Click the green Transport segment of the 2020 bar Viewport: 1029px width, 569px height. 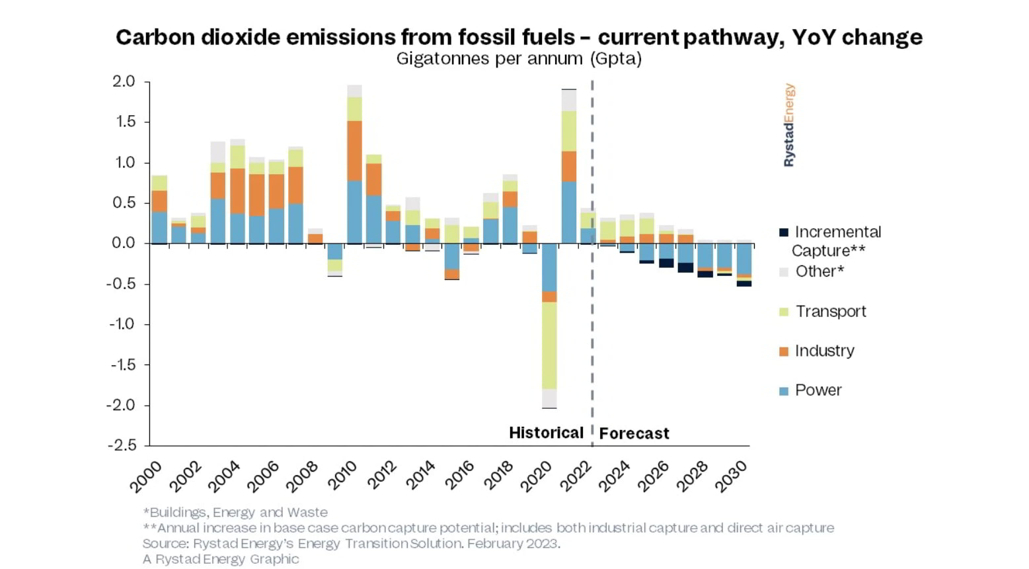pyautogui.click(x=549, y=345)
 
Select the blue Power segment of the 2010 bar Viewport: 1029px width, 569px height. pyautogui.click(x=355, y=212)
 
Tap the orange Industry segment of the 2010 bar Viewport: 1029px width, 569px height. pyautogui.click(x=355, y=150)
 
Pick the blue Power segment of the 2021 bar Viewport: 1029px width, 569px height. pyautogui.click(x=568, y=212)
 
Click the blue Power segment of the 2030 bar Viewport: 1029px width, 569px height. pyautogui.click(x=744, y=259)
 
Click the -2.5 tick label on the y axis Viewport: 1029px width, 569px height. pyautogui.click(x=122, y=445)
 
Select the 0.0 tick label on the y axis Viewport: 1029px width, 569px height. pyautogui.click(x=124, y=243)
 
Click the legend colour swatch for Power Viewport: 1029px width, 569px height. pyautogui.click(x=784, y=391)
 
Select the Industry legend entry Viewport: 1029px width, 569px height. pyautogui.click(x=824, y=351)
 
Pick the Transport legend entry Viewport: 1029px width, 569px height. pyautogui.click(x=830, y=312)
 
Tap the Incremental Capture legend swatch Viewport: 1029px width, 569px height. pyautogui.click(x=784, y=232)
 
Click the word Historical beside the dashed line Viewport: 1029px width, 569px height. pyautogui.click(x=546, y=433)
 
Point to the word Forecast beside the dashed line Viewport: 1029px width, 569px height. pyautogui.click(x=634, y=433)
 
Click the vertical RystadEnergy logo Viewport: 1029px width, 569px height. pyautogui.click(x=789, y=125)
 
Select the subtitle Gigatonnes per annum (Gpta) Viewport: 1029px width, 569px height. pyautogui.click(x=519, y=59)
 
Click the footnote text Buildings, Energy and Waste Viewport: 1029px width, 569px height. pyautogui.click(x=235, y=512)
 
